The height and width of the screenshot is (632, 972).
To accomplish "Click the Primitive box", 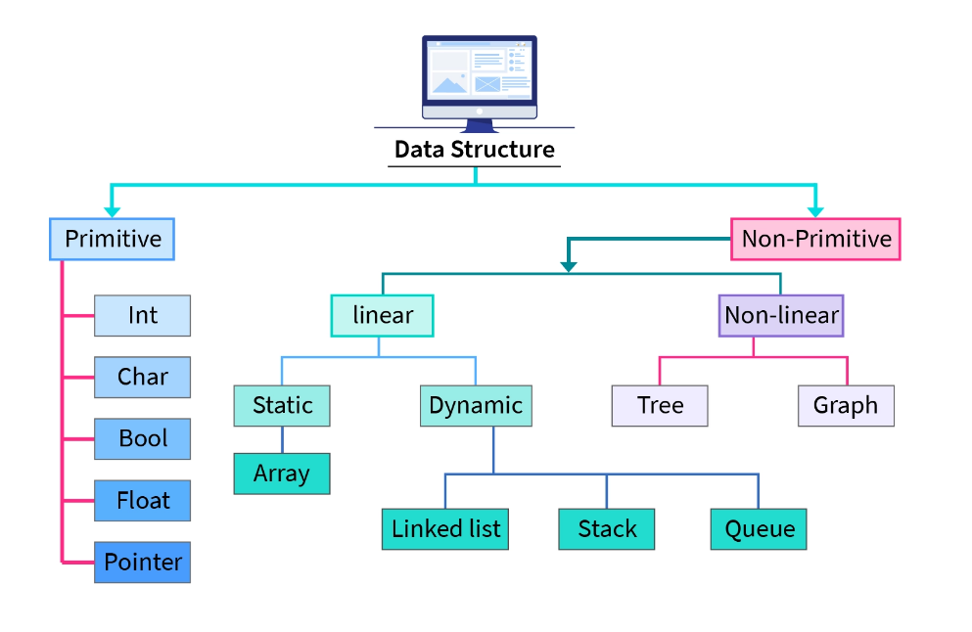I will click(112, 239).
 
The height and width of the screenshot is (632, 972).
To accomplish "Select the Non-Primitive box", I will click(815, 239).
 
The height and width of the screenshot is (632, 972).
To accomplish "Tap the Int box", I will click(142, 315).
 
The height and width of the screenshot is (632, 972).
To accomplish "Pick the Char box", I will click(142, 377).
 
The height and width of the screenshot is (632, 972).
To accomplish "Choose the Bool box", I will click(142, 438).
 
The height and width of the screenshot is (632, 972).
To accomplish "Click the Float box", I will click(142, 500).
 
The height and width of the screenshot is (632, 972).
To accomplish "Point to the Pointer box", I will click(142, 562).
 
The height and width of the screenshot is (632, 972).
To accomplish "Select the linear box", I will click(382, 316).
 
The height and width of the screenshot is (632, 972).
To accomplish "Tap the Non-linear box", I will click(780, 316).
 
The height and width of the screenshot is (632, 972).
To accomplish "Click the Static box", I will click(282, 405).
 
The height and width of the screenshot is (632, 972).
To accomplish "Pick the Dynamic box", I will click(476, 405).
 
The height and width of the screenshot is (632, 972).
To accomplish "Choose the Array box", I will click(282, 474).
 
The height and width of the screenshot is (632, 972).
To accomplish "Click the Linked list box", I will click(445, 529).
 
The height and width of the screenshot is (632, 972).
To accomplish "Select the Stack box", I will click(607, 529).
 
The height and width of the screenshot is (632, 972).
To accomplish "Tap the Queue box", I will click(759, 529).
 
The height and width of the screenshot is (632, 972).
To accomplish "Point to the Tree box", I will click(659, 405).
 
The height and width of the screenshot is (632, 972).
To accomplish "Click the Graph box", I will click(846, 405).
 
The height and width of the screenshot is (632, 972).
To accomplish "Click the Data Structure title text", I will click(474, 150).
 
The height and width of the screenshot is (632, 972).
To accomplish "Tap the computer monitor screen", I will click(480, 72).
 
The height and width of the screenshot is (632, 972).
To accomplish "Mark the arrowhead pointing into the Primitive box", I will click(112, 210).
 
